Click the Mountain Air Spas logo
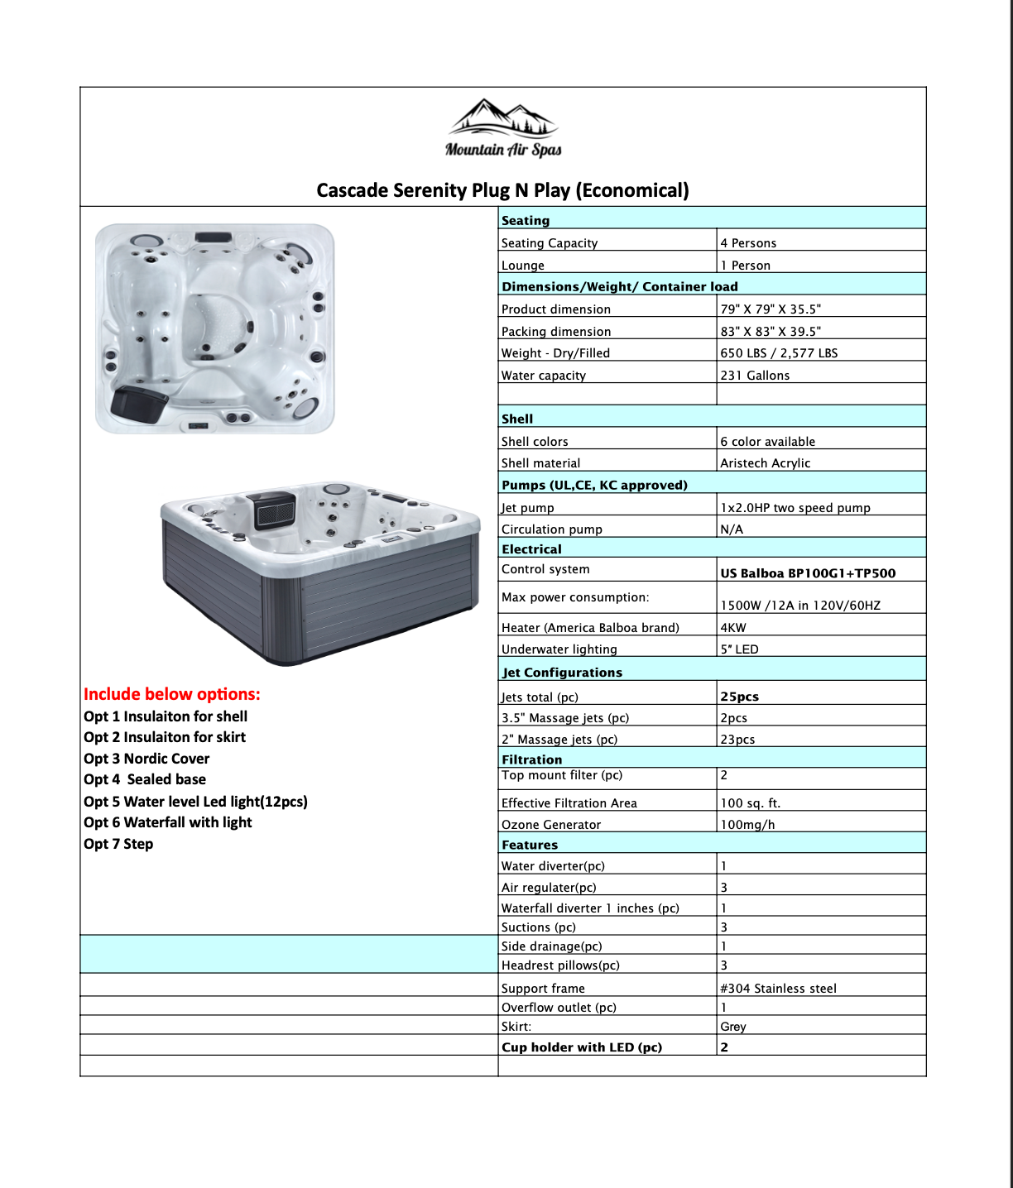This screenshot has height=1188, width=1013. tap(503, 129)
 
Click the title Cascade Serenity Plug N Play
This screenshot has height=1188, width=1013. tap(502, 190)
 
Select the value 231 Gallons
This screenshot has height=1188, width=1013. tap(755, 376)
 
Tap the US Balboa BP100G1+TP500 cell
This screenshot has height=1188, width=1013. tap(808, 573)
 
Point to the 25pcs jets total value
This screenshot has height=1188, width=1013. tap(739, 697)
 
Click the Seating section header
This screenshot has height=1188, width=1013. tap(526, 220)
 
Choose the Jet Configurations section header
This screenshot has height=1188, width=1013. tap(562, 673)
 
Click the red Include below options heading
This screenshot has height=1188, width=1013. tap(172, 694)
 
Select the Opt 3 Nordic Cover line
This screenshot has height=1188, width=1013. tap(146, 759)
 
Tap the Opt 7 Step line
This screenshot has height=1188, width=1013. tap(118, 844)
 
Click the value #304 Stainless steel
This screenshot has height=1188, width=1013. tap(778, 989)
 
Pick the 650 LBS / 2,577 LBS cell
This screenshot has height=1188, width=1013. tap(779, 353)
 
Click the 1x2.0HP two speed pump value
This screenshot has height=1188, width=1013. tap(795, 508)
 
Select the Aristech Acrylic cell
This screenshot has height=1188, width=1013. tap(766, 463)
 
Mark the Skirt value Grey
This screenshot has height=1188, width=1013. tap(733, 1027)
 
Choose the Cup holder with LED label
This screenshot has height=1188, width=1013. tap(582, 1047)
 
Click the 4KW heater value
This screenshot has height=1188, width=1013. tap(733, 628)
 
